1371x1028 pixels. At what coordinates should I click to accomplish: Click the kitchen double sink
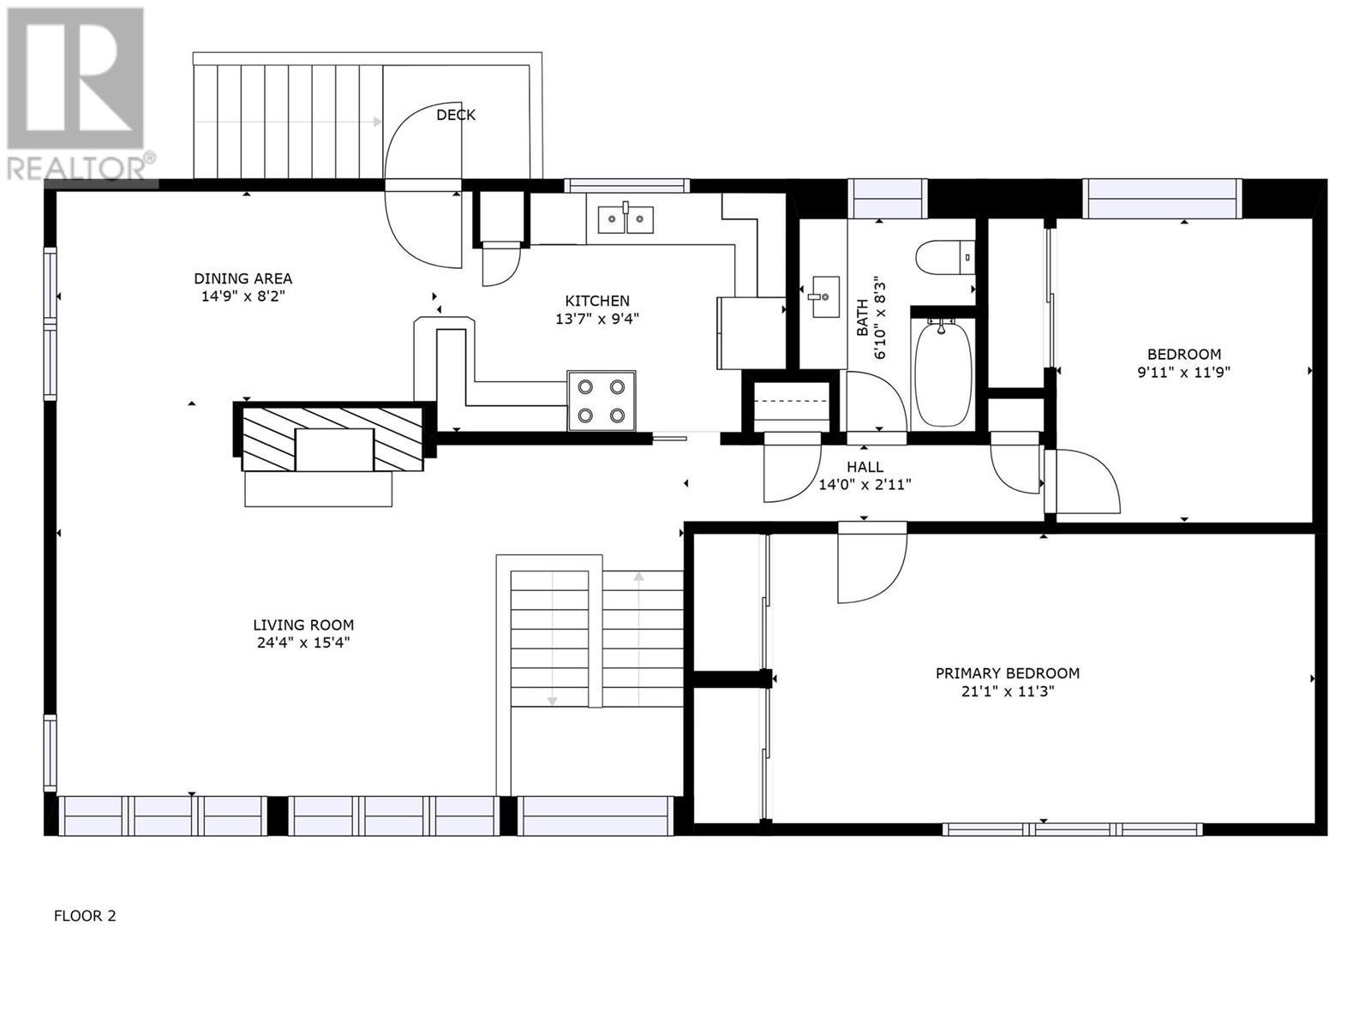click(x=625, y=218)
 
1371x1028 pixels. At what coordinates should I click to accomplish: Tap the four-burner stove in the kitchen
click(x=601, y=400)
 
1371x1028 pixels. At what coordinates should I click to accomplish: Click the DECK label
click(x=455, y=115)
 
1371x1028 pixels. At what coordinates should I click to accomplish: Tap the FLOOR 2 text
click(x=85, y=916)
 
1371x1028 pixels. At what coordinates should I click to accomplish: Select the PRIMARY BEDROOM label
click(x=1007, y=673)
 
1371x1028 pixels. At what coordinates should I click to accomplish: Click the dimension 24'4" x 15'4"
click(x=302, y=642)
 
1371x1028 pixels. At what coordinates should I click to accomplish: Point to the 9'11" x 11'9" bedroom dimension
click(x=1184, y=373)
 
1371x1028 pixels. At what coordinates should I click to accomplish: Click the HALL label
click(x=864, y=467)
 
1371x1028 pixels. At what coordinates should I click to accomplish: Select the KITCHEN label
click(x=596, y=301)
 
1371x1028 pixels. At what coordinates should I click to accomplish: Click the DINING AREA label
click(x=242, y=278)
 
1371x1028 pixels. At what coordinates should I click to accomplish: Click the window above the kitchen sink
click(x=626, y=185)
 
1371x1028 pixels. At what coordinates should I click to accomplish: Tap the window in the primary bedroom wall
click(x=1072, y=828)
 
